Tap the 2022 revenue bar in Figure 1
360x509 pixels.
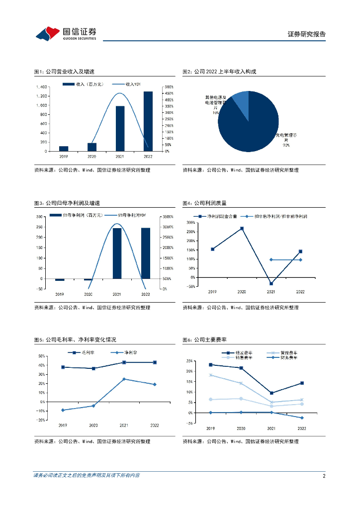click(x=148, y=121)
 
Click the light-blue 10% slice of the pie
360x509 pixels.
click(x=241, y=101)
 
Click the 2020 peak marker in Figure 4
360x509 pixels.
click(x=242, y=229)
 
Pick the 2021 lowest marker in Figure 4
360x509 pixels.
click(x=271, y=284)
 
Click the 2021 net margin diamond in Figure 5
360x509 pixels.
click(x=124, y=379)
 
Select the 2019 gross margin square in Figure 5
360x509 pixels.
click(x=63, y=367)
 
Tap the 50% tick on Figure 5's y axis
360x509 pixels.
click(x=41, y=356)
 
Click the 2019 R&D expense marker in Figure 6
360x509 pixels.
click(x=210, y=365)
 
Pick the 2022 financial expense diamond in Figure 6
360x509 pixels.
click(x=302, y=418)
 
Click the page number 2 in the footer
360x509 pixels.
click(x=324, y=476)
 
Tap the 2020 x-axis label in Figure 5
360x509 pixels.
click(x=93, y=425)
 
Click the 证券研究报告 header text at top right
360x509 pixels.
click(x=307, y=34)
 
